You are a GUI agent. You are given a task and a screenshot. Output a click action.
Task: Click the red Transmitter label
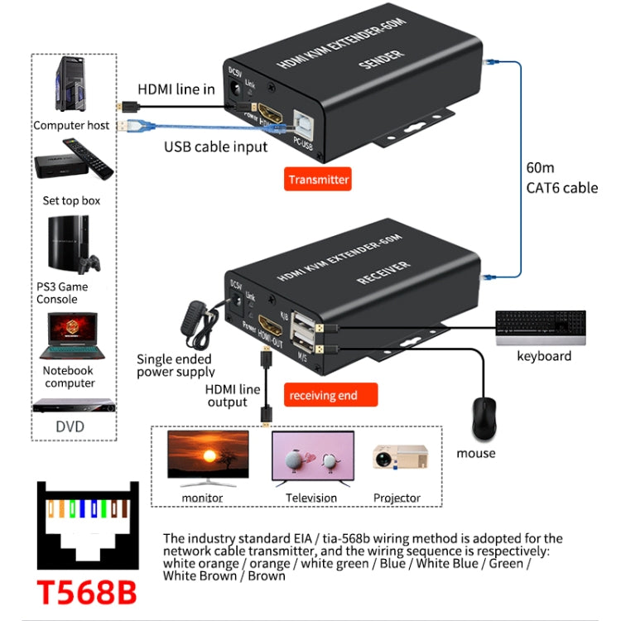[x=318, y=179]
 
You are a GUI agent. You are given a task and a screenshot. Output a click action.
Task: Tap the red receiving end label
[x=323, y=395]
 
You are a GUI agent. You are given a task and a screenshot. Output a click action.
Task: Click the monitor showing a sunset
[x=208, y=456]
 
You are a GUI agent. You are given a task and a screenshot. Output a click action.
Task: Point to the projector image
[x=400, y=460]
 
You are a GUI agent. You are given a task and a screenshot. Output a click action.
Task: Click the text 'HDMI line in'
[x=176, y=89]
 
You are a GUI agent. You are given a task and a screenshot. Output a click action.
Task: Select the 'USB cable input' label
[x=215, y=147]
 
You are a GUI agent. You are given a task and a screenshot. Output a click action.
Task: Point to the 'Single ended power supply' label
[x=176, y=365]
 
